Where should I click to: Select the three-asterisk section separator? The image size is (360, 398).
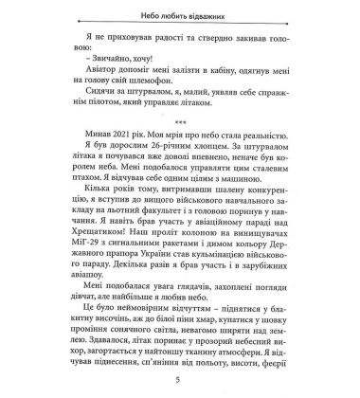coord(179,122)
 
